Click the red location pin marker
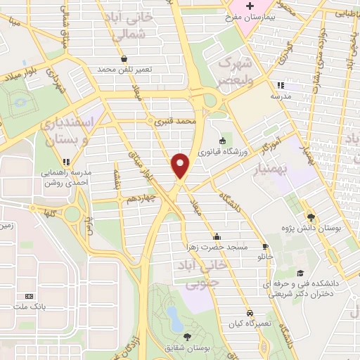(x=181, y=166)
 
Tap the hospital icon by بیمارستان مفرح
(x=250, y=5)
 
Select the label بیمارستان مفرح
(x=250, y=15)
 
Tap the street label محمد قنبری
(x=175, y=122)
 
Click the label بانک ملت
(x=29, y=307)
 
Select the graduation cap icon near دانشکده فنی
(x=301, y=274)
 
